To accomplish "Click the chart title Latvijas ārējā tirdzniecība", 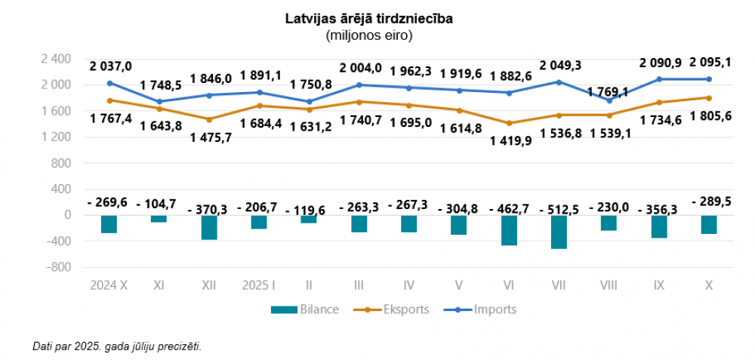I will pos(368,19).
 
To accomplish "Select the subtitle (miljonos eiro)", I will pos(368,35).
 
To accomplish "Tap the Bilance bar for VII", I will pos(559,232).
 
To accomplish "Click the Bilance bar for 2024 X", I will pos(109,224).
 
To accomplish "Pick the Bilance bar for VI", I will pos(509,230).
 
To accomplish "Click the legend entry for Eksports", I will pos(402,309).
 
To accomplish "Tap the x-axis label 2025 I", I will pos(259,285).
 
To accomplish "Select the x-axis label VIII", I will pos(609,285).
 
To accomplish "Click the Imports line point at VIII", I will pos(609,100).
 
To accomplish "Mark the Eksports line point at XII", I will pos(209,119).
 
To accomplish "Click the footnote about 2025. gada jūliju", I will pos(117,346).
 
